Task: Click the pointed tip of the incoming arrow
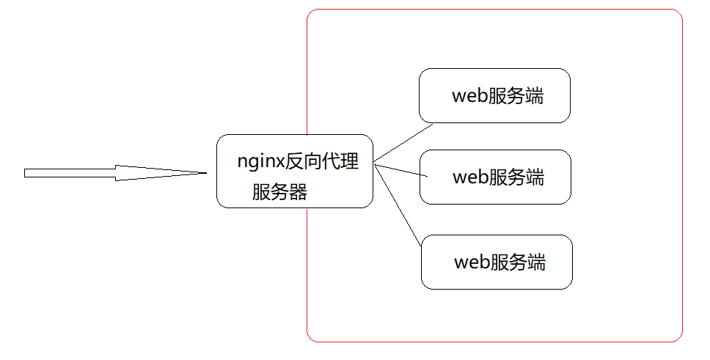205,173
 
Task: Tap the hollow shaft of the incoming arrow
70,173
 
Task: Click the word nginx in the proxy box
261,161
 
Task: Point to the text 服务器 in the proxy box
279,192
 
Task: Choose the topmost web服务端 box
494,95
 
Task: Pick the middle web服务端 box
495,177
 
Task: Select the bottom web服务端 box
497,262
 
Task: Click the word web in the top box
469,96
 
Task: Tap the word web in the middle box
470,177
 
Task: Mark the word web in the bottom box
472,262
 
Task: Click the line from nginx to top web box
403,144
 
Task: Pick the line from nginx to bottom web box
398,205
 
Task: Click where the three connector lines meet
374,164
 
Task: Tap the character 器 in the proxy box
298,192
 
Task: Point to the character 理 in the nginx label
350,161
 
